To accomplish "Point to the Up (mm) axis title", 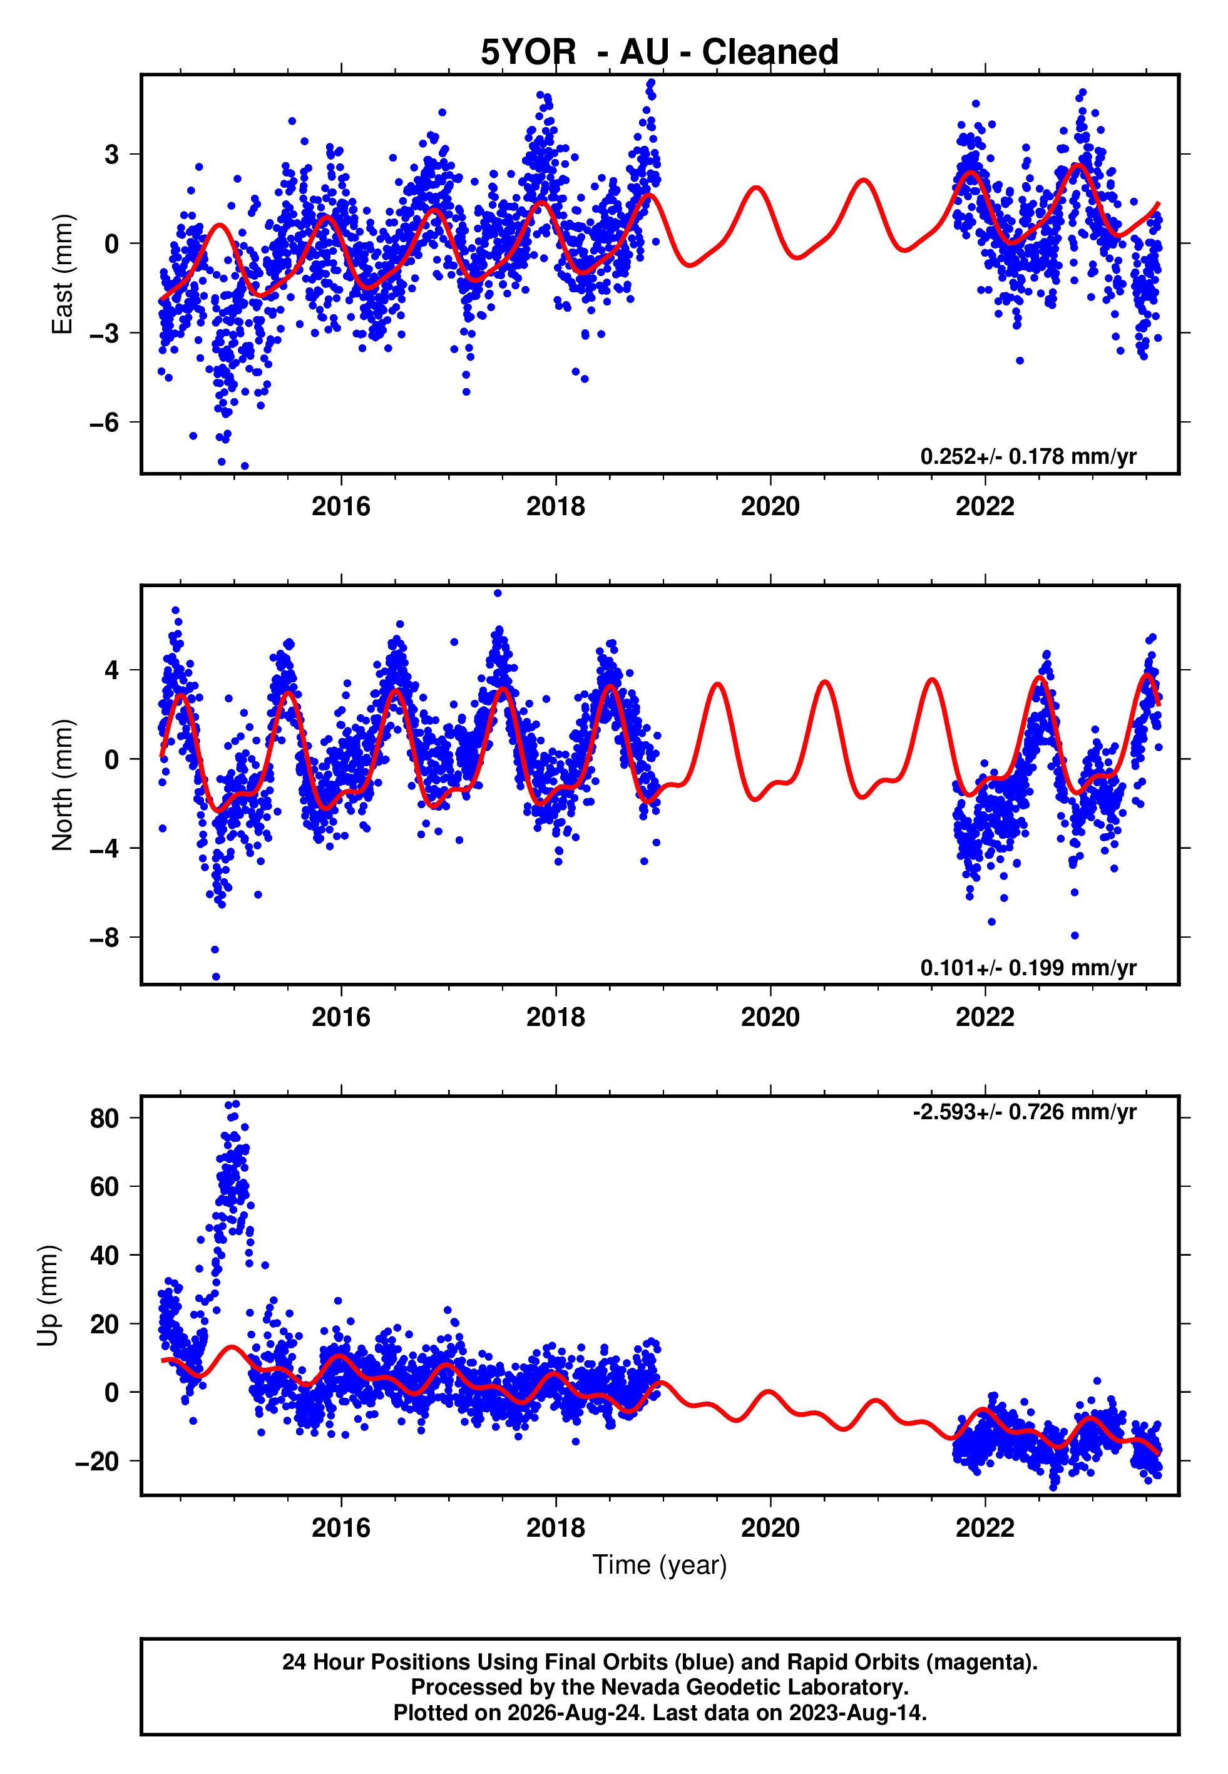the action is tap(48, 1296).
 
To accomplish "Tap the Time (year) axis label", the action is tap(660, 1566).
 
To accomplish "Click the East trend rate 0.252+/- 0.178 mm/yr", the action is tap(1028, 456).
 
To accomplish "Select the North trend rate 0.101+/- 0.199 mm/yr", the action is tap(1028, 967).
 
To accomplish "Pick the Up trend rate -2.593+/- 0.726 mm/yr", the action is tap(1024, 1112).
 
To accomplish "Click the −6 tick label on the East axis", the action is tap(105, 423).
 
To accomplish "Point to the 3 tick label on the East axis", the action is tap(112, 155).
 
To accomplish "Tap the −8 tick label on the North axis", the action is tap(105, 938).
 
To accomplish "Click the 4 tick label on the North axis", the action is tap(112, 670).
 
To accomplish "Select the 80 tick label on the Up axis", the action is tap(105, 1118).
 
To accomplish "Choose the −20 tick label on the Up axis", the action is tap(97, 1461).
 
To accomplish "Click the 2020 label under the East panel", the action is tap(770, 506).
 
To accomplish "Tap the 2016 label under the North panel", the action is tap(341, 1017).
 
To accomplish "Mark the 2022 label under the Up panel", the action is tap(985, 1528).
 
